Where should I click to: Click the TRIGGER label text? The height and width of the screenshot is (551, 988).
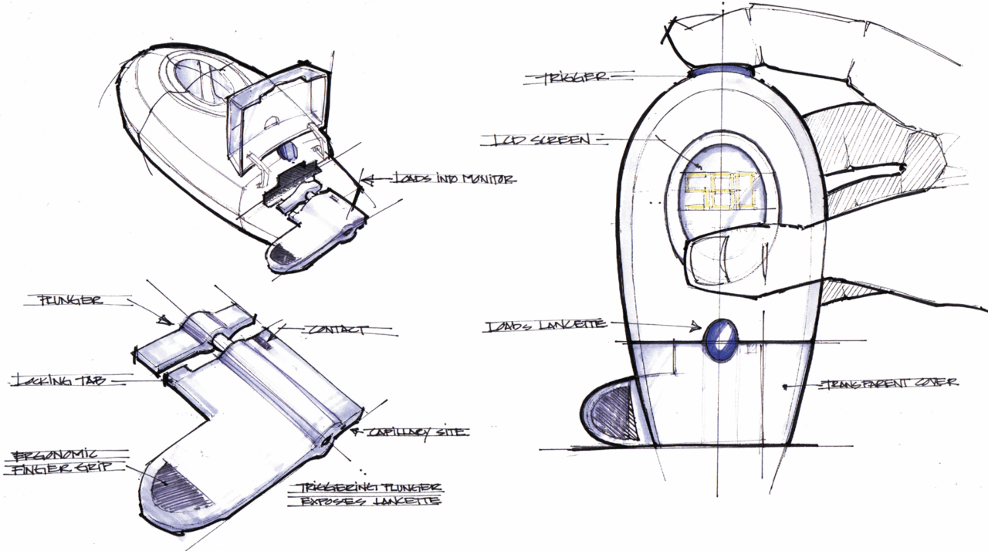pyautogui.click(x=577, y=77)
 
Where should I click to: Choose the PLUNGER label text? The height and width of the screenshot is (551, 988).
pyautogui.click(x=69, y=300)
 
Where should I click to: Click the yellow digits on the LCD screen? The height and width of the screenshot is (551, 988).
pyautogui.click(x=717, y=192)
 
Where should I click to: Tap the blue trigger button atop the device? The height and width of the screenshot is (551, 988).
pyautogui.click(x=722, y=71)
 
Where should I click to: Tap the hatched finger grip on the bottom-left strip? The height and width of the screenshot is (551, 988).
pyautogui.click(x=183, y=487)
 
